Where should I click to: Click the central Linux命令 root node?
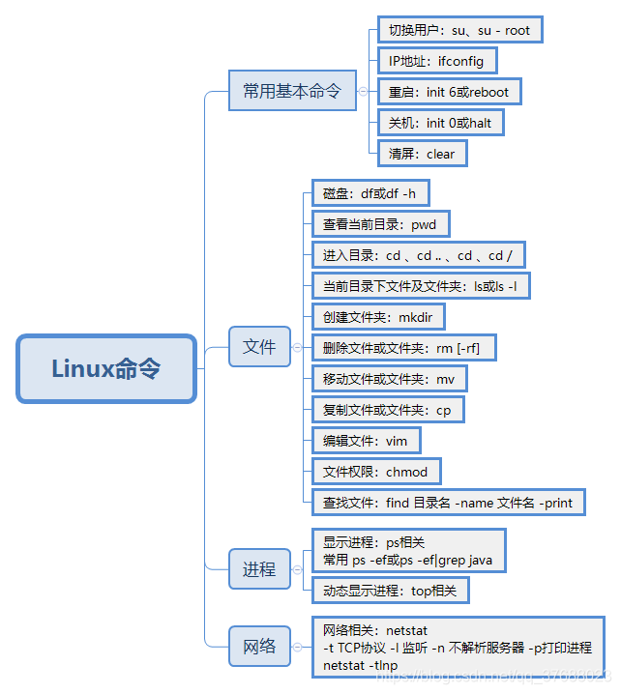point(106,368)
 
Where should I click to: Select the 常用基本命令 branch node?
point(292,91)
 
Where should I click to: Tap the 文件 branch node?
point(259,347)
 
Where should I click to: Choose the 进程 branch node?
point(259,569)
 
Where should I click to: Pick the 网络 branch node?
point(259,646)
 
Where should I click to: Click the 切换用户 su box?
point(458,30)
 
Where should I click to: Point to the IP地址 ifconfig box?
point(437,61)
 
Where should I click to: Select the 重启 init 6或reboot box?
point(448,92)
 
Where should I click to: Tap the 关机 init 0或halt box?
point(440,123)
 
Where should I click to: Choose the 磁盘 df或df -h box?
point(369,193)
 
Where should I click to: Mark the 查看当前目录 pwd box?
point(380,224)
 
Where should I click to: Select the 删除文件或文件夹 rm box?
point(403,348)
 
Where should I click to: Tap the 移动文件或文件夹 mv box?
point(389,379)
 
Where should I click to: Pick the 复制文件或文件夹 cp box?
point(387,410)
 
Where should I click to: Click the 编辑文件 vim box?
point(366,441)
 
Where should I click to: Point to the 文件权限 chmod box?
point(376,472)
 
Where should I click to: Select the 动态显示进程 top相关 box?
point(396,590)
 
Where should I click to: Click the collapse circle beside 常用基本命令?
point(363,92)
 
